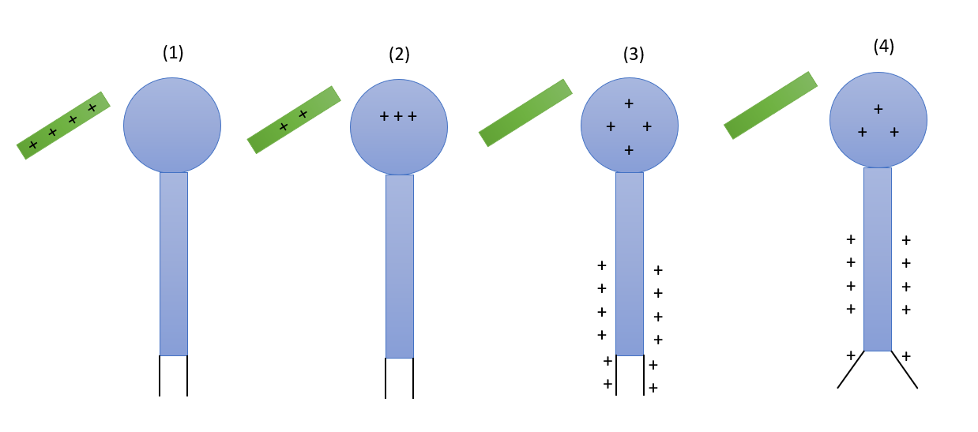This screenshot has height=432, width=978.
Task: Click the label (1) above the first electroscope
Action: (173, 53)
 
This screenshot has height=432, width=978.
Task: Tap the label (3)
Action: (634, 54)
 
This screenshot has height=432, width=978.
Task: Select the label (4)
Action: (884, 46)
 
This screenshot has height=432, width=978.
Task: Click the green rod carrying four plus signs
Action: (63, 126)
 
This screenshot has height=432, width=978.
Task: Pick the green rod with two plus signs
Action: (294, 120)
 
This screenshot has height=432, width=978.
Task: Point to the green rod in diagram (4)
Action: (770, 105)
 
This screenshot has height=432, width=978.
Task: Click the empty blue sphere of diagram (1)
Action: (172, 126)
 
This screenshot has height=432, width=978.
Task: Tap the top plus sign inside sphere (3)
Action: (629, 103)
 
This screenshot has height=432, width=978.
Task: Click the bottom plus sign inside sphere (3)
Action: (629, 150)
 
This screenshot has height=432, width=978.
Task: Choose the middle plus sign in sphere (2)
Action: (398, 116)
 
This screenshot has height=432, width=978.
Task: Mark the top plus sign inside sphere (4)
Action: (878, 108)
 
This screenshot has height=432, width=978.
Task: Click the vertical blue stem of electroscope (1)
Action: (174, 264)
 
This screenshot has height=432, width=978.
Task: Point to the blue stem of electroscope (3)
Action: (630, 264)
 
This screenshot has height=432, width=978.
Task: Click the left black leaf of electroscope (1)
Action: (160, 376)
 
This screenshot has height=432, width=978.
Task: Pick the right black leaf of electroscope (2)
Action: (413, 378)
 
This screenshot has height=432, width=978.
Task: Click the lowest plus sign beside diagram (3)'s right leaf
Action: (653, 388)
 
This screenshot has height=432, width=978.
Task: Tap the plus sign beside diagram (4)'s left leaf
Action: (851, 355)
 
